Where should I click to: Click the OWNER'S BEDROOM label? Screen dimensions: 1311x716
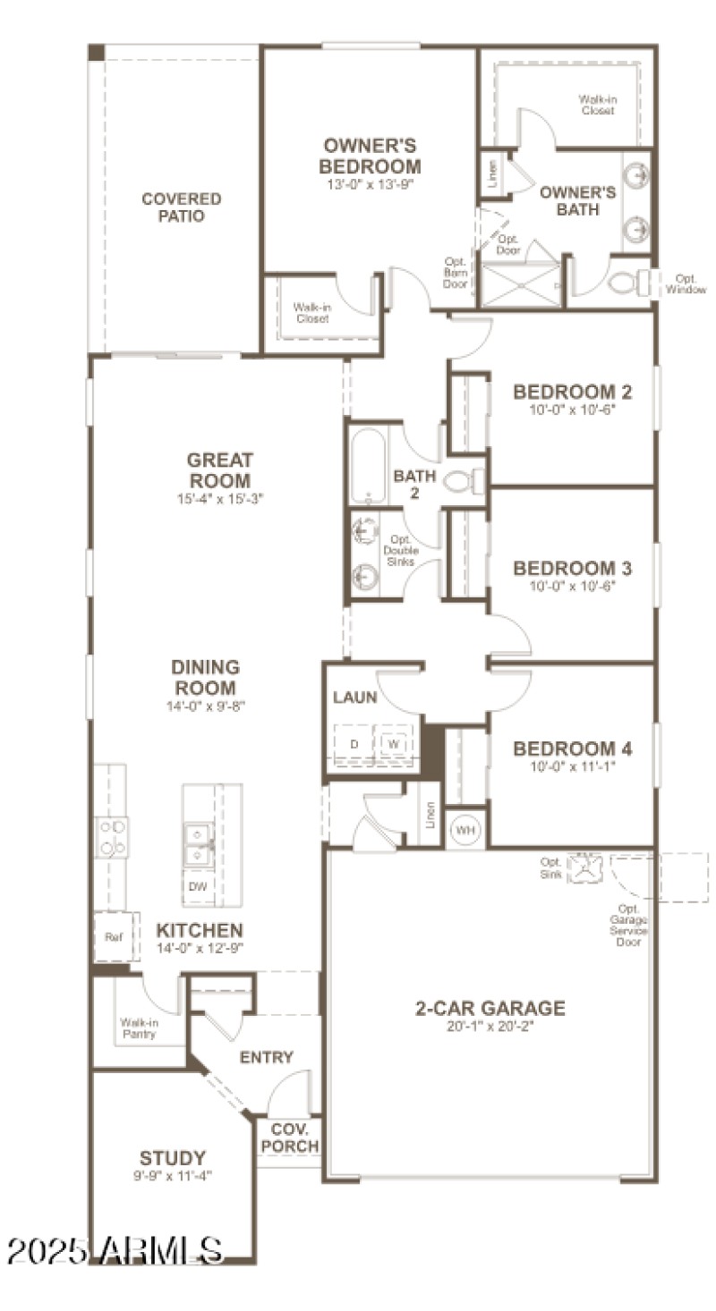tap(371, 156)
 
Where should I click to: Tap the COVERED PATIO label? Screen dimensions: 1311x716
tap(182, 207)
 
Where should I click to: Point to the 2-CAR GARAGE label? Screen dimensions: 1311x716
tap(490, 1009)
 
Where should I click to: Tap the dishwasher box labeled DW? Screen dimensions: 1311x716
tap(197, 888)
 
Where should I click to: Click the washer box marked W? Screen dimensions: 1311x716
tap(393, 743)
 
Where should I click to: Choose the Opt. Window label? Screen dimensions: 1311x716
tap(690, 283)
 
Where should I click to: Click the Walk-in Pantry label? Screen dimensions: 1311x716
tap(139, 1028)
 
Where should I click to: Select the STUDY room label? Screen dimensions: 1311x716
tap(173, 1158)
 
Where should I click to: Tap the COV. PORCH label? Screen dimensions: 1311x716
tap(288, 1138)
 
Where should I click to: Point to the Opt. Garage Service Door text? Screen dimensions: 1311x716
tap(628, 925)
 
